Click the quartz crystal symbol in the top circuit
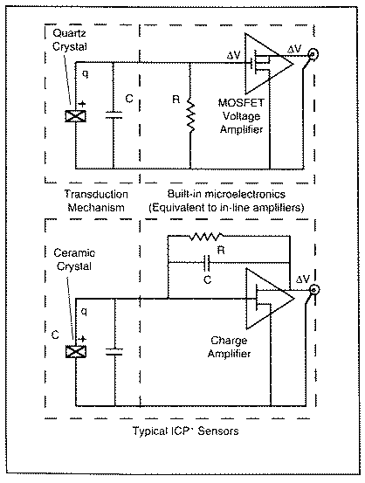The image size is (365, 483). pyautogui.click(x=75, y=116)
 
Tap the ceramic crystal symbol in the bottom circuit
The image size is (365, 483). pyautogui.click(x=76, y=351)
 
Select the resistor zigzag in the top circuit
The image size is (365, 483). pyautogui.click(x=190, y=118)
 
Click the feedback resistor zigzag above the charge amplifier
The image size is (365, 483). pyautogui.click(x=206, y=237)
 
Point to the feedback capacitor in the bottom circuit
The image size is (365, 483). pyautogui.click(x=207, y=263)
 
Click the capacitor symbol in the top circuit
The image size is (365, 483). pyautogui.click(x=114, y=115)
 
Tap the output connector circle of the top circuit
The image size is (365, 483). pyautogui.click(x=313, y=55)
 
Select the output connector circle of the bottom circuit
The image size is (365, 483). pyautogui.click(x=314, y=290)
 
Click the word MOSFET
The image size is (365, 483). pyautogui.click(x=241, y=102)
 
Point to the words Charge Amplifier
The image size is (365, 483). pyautogui.click(x=229, y=347)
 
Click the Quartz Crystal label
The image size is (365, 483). pyautogui.click(x=70, y=40)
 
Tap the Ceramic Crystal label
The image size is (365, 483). pyautogui.click(x=74, y=259)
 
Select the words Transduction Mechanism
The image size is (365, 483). pyautogui.click(x=96, y=201)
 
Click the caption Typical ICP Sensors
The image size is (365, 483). pyautogui.click(x=185, y=431)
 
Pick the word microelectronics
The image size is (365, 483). pyautogui.click(x=245, y=194)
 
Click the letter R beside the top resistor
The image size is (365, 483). pyautogui.click(x=176, y=100)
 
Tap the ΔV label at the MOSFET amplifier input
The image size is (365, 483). pyautogui.click(x=233, y=55)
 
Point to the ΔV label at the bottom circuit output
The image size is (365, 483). pyautogui.click(x=302, y=279)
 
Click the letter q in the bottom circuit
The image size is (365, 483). pyautogui.click(x=84, y=312)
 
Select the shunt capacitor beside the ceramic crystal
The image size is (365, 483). pyautogui.click(x=114, y=352)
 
